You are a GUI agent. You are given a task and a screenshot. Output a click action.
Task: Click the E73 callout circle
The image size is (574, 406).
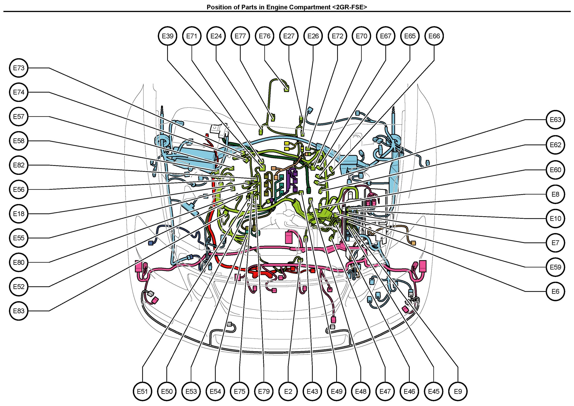19,68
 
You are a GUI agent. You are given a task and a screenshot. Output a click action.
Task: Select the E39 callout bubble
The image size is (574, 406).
168,36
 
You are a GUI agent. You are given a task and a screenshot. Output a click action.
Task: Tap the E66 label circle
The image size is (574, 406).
434,36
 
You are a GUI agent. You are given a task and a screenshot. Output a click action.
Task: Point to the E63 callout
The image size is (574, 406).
556,120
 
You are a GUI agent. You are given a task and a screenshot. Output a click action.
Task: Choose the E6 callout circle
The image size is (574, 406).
556,291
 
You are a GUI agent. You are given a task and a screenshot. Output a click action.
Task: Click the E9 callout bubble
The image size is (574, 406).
458,391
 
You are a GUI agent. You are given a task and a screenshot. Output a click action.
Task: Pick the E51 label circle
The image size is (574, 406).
142,391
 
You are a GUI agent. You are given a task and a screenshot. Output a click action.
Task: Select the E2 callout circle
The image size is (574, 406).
288,391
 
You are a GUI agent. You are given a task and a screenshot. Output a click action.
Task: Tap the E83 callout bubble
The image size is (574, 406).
19,311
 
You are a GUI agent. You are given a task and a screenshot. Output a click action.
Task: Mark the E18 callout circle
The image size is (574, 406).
19,214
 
